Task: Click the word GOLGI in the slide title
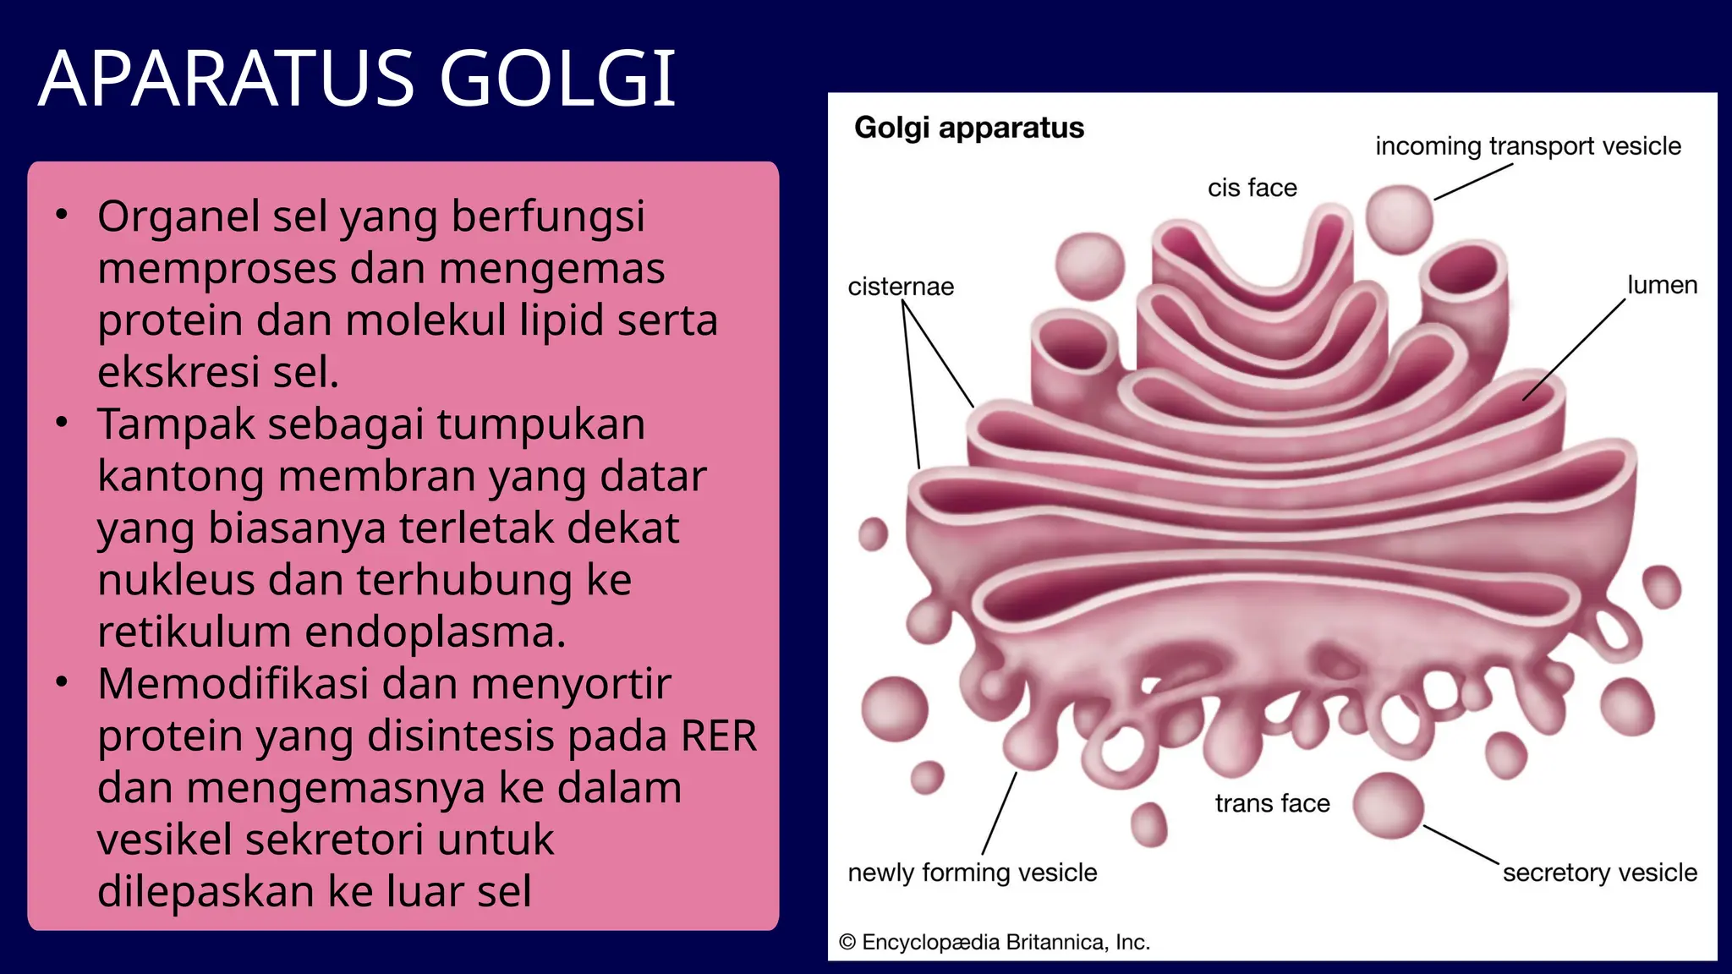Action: click(x=557, y=79)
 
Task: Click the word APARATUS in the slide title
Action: click(x=227, y=79)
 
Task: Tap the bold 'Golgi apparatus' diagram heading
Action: click(x=968, y=128)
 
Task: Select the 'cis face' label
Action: click(x=1252, y=188)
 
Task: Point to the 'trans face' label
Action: click(x=1272, y=803)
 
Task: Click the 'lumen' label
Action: click(x=1662, y=285)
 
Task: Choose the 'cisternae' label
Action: click(x=901, y=287)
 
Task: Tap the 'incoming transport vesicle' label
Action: click(x=1527, y=146)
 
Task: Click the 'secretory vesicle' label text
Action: click(x=1599, y=873)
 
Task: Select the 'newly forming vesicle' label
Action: click(x=972, y=873)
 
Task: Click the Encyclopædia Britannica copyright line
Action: click(x=994, y=942)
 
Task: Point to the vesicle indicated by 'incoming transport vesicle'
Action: click(x=1399, y=219)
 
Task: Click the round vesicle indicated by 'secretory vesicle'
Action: click(x=1388, y=806)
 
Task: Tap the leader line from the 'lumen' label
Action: click(x=1573, y=350)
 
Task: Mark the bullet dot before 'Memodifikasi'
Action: click(x=61, y=681)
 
